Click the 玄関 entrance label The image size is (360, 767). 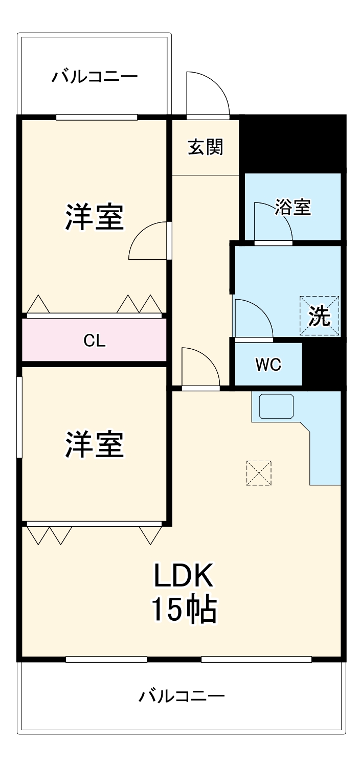pos(206,147)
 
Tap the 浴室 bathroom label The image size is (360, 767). pos(292,207)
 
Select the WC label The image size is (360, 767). pos(268,365)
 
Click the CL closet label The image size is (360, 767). pos(95,341)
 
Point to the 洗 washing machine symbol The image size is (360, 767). pos(320,315)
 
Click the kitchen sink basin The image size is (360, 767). pos(276,406)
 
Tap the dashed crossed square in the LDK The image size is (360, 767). pos(259,473)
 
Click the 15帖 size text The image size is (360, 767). pos(184,610)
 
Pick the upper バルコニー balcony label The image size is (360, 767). pos(95,77)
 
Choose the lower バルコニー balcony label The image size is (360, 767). pos(182,696)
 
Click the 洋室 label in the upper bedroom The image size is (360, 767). pos(95,217)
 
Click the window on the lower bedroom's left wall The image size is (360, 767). pos(19,417)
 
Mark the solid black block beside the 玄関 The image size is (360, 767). pos(292,143)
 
